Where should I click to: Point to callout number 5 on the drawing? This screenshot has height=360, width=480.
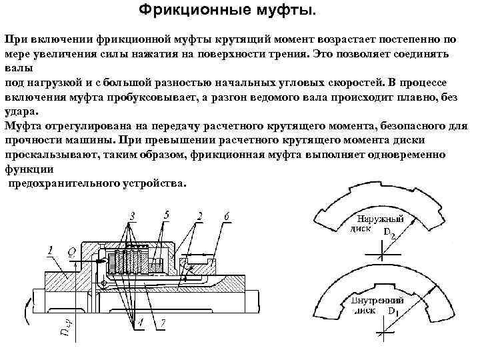[x=166, y=215]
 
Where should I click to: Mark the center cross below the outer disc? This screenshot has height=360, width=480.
[x=381, y=254]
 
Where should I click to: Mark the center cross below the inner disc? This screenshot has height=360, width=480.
[x=381, y=333]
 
